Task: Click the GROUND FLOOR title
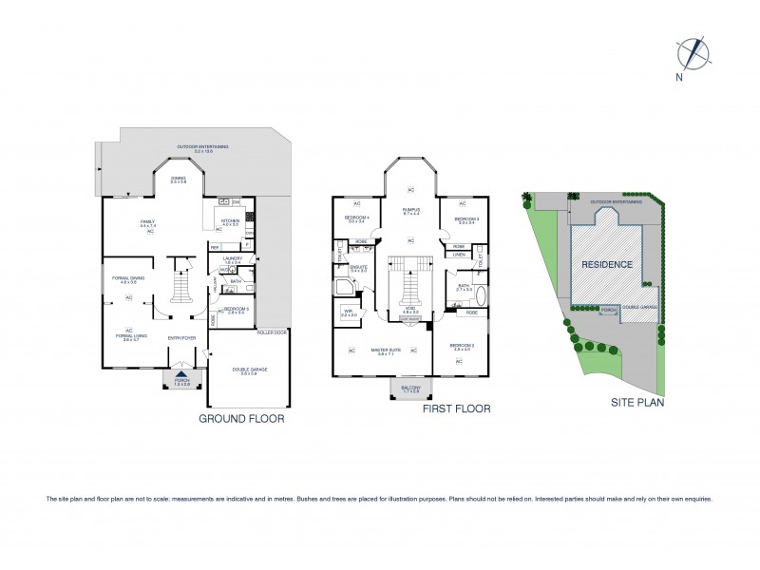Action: tap(240, 417)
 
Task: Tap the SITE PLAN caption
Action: tap(636, 402)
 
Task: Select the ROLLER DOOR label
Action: tap(273, 332)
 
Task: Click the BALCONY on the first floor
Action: tap(410, 389)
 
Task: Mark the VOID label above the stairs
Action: tap(410, 309)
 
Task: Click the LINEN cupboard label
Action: tap(460, 255)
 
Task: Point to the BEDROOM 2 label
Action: tap(462, 345)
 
